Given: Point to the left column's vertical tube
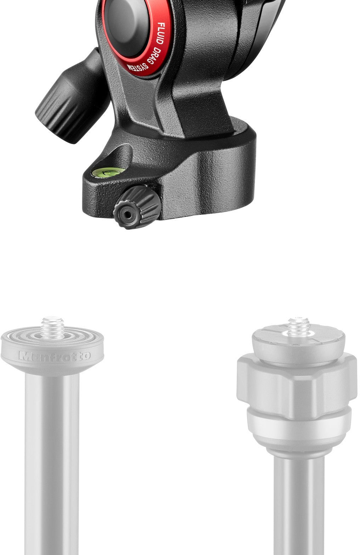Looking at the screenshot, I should tap(52, 460).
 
